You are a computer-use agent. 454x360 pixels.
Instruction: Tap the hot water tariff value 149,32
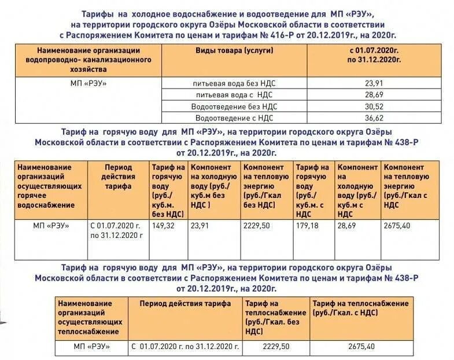(x=164, y=225)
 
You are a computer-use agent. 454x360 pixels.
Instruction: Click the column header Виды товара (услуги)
(x=234, y=50)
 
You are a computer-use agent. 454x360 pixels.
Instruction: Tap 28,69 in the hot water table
(x=349, y=225)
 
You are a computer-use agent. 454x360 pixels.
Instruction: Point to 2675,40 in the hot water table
(x=396, y=225)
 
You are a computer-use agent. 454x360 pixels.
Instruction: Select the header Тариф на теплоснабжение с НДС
(x=361, y=308)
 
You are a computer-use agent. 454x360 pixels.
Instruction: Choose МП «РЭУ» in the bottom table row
(x=92, y=346)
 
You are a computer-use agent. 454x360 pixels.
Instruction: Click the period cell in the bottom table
(x=185, y=346)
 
